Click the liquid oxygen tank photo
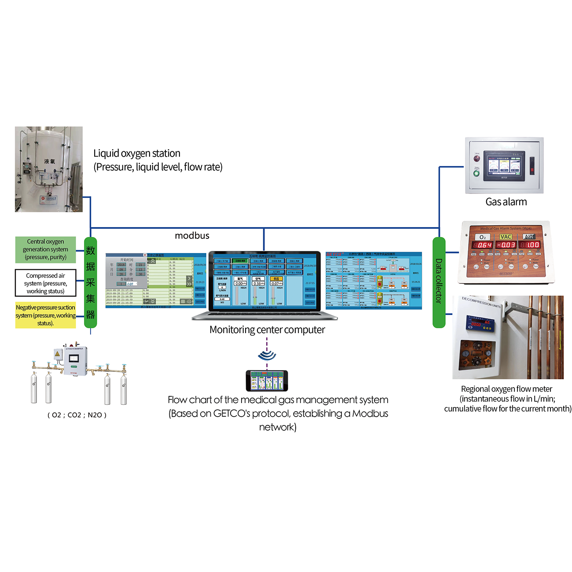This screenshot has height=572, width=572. (x=48, y=169)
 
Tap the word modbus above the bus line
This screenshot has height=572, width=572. (x=192, y=236)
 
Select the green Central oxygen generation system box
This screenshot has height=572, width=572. (x=45, y=249)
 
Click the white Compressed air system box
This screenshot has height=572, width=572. (x=45, y=283)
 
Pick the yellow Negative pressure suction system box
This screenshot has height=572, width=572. (x=45, y=315)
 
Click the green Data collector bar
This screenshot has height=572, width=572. (x=439, y=282)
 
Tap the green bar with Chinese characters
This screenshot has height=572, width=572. (x=90, y=282)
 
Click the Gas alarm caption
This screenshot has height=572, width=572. (x=506, y=202)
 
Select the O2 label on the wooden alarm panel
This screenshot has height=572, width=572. (x=482, y=237)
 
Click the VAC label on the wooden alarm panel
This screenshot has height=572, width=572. (x=506, y=237)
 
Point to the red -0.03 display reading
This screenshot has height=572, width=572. (x=506, y=245)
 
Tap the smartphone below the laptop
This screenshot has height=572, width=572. (x=267, y=381)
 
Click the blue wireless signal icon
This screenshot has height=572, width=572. (x=267, y=355)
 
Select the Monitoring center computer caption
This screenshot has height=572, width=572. (x=267, y=330)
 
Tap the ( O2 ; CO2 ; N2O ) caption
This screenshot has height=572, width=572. (x=77, y=415)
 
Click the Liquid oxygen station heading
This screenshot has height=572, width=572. (x=137, y=154)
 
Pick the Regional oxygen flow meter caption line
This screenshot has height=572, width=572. (x=506, y=389)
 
